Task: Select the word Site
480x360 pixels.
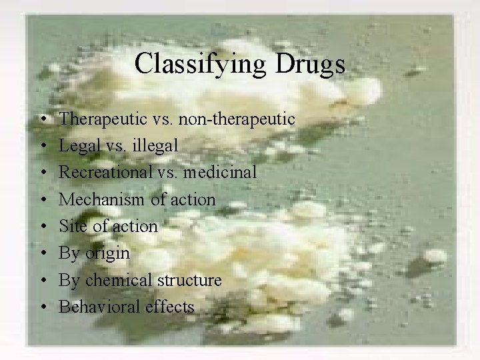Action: [x=71, y=226]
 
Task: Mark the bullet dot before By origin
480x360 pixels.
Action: [x=42, y=254]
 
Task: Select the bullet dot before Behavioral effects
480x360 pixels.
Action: [x=42, y=307]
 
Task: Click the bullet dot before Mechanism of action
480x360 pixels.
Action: [x=42, y=200]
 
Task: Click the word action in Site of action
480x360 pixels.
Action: [x=134, y=226]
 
